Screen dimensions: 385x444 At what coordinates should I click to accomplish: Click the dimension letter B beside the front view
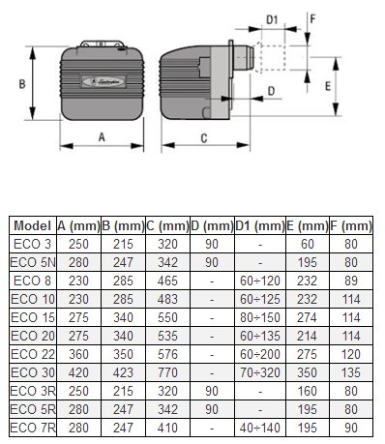point(22,84)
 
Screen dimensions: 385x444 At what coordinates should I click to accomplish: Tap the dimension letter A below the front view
point(102,137)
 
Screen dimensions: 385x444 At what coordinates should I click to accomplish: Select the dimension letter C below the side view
point(204,138)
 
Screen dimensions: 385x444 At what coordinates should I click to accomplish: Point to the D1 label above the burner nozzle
point(272,19)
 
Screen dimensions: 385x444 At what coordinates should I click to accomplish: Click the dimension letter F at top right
point(312,19)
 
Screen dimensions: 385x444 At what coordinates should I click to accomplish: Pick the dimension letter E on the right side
point(328,86)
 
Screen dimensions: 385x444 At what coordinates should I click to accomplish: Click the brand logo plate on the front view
point(104,81)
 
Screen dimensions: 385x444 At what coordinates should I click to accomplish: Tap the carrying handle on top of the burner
point(102,44)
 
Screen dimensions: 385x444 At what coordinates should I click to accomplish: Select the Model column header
point(33,225)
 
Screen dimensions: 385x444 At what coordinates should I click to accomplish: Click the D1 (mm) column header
point(260,225)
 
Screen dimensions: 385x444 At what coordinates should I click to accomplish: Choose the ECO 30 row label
point(33,372)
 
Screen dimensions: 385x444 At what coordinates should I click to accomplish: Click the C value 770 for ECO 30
point(167,372)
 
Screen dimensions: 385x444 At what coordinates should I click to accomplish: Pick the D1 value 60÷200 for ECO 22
point(260,354)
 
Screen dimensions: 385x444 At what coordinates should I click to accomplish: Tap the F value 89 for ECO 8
point(351,281)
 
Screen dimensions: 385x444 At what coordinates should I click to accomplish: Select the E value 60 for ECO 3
point(308,244)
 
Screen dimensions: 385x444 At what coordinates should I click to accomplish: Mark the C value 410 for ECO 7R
point(167,428)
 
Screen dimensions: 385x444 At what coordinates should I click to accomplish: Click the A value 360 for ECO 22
point(78,354)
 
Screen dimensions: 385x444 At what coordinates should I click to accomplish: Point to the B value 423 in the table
point(123,372)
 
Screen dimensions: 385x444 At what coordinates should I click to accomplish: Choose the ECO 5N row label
point(33,262)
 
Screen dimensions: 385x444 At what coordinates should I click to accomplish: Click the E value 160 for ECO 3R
point(308,391)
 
